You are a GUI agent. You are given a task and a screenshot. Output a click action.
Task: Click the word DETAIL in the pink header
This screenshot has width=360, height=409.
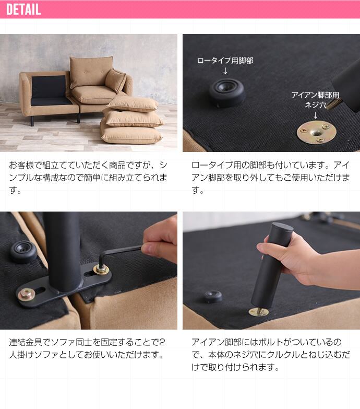pyautogui.click(x=23, y=9)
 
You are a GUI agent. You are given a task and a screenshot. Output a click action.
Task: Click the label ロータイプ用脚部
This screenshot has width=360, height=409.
pyautogui.click(x=225, y=61)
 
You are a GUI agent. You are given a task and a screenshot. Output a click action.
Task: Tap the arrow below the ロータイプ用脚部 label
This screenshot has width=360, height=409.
pyautogui.click(x=225, y=71)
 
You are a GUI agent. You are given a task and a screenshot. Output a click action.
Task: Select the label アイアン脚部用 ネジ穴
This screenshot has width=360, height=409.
pyautogui.click(x=316, y=100)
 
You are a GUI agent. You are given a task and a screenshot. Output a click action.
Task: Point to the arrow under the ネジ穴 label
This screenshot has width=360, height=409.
pyautogui.click(x=316, y=115)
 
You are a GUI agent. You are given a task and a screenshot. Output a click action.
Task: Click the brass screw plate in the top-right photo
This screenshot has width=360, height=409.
pyautogui.click(x=317, y=133)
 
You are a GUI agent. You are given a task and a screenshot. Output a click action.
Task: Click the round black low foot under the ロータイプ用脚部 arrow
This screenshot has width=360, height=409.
pyautogui.click(x=226, y=93)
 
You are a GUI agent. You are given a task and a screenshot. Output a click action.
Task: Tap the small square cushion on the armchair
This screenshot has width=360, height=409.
pyautogui.click(x=115, y=80)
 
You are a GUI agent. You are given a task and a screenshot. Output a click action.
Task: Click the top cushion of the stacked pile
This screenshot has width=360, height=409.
pyautogui.click(x=133, y=104)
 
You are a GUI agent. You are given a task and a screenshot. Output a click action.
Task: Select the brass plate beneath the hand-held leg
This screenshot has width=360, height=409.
pyautogui.click(x=258, y=312)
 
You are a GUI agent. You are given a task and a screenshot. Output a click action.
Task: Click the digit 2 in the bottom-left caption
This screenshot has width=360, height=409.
pyautogui.click(x=162, y=342)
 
